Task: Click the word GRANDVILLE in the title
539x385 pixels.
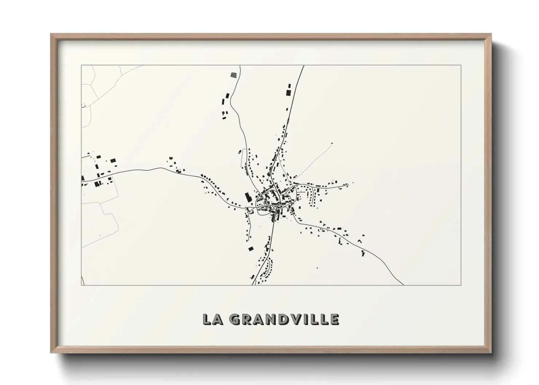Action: tap(285, 319)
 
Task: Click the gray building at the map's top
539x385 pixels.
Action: tap(233, 75)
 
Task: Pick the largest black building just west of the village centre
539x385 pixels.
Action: tap(248, 198)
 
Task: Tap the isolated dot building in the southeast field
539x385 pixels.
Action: tap(317, 268)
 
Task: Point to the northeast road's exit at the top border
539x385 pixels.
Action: tap(304, 66)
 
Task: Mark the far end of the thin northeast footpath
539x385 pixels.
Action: tap(332, 143)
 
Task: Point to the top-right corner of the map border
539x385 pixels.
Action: tap(461, 65)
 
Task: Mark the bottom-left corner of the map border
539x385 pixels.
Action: tap(81, 285)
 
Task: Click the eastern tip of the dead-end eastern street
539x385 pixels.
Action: tap(353, 184)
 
